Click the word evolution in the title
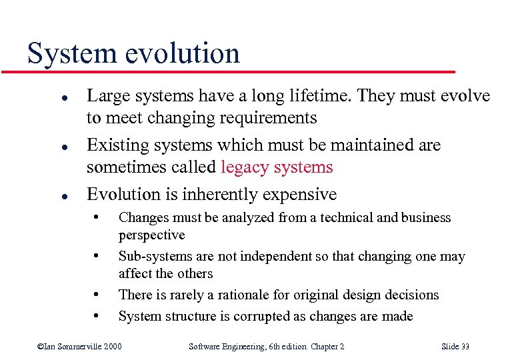pos(180,53)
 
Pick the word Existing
pos(117,145)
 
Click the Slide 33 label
pos(455,346)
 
